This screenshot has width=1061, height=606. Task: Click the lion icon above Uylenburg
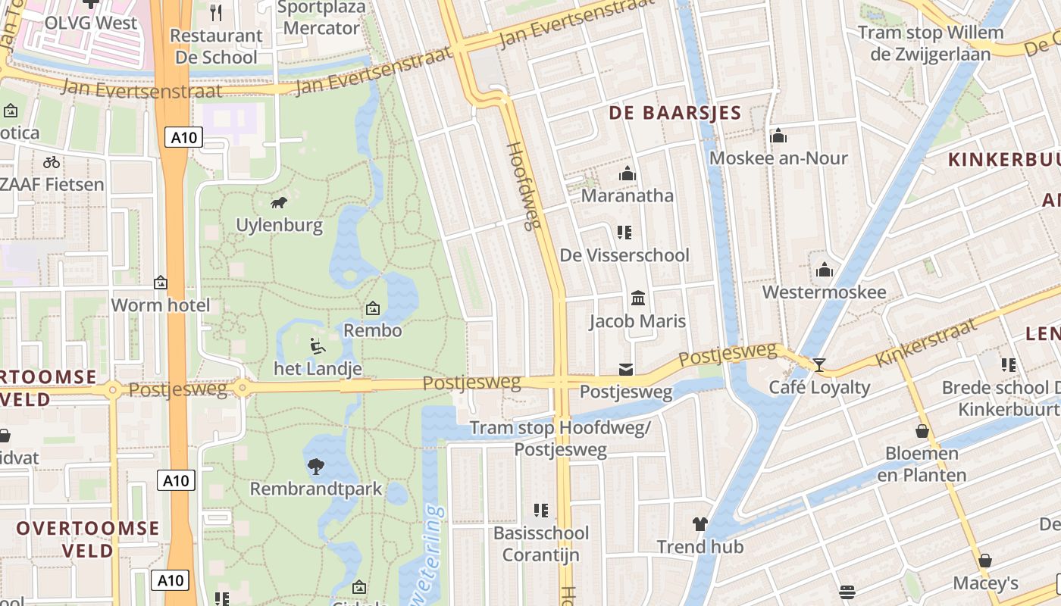(x=279, y=202)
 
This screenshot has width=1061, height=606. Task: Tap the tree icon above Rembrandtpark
(x=315, y=466)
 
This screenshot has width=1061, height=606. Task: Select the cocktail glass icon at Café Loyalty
(x=819, y=365)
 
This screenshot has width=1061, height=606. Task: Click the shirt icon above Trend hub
(x=700, y=523)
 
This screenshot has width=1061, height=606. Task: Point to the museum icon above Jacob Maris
(x=638, y=298)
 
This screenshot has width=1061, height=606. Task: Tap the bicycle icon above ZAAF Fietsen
(x=52, y=161)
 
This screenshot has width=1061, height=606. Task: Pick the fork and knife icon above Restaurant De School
(x=216, y=12)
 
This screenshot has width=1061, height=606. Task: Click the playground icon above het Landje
(x=318, y=347)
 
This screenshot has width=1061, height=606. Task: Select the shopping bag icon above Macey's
(x=985, y=561)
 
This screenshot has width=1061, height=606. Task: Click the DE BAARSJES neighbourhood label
(x=675, y=114)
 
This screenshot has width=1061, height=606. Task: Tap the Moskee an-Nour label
(x=778, y=158)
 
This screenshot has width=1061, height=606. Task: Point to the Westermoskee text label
(x=824, y=292)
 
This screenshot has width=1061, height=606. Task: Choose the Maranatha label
(x=627, y=195)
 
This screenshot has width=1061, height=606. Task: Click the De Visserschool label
(x=624, y=255)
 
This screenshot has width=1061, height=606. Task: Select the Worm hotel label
(x=161, y=305)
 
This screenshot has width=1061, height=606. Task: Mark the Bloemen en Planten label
(x=922, y=464)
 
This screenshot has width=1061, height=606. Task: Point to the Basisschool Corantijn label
(x=540, y=544)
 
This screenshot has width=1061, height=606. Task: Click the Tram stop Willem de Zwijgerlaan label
(x=931, y=43)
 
